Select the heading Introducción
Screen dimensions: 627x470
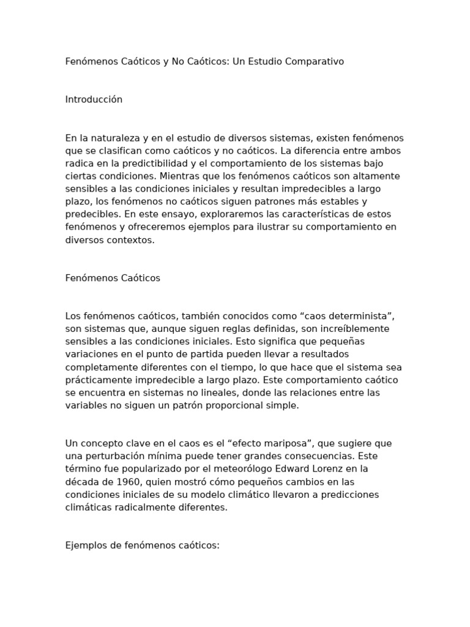94,100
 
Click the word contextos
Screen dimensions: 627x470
130,240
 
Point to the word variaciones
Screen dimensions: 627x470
89,354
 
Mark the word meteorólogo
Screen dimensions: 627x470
236,469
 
